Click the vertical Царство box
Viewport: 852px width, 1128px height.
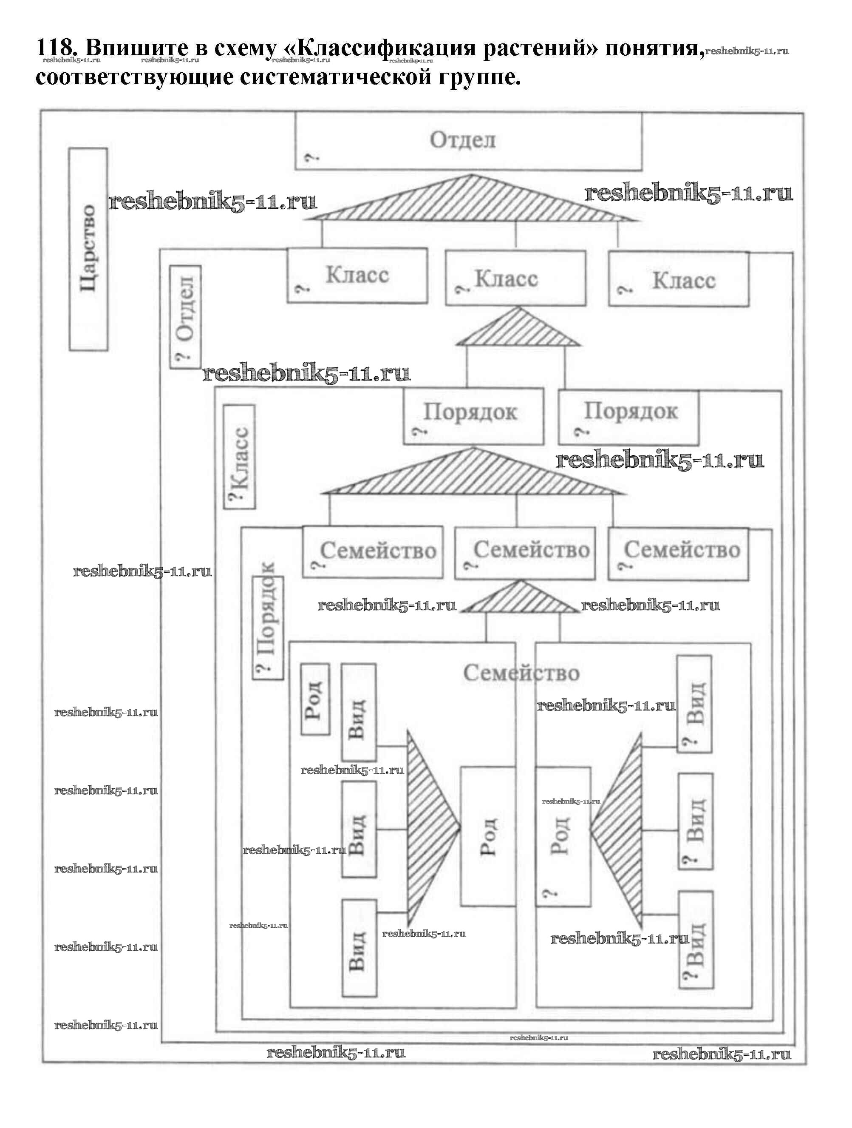88,249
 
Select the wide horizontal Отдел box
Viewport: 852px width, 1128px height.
468,141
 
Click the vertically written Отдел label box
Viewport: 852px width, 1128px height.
185,316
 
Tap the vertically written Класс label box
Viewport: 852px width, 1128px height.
239,457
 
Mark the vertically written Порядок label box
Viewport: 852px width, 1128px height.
268,627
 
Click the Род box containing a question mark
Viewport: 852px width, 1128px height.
563,836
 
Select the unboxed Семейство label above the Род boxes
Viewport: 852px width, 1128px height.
521,673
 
